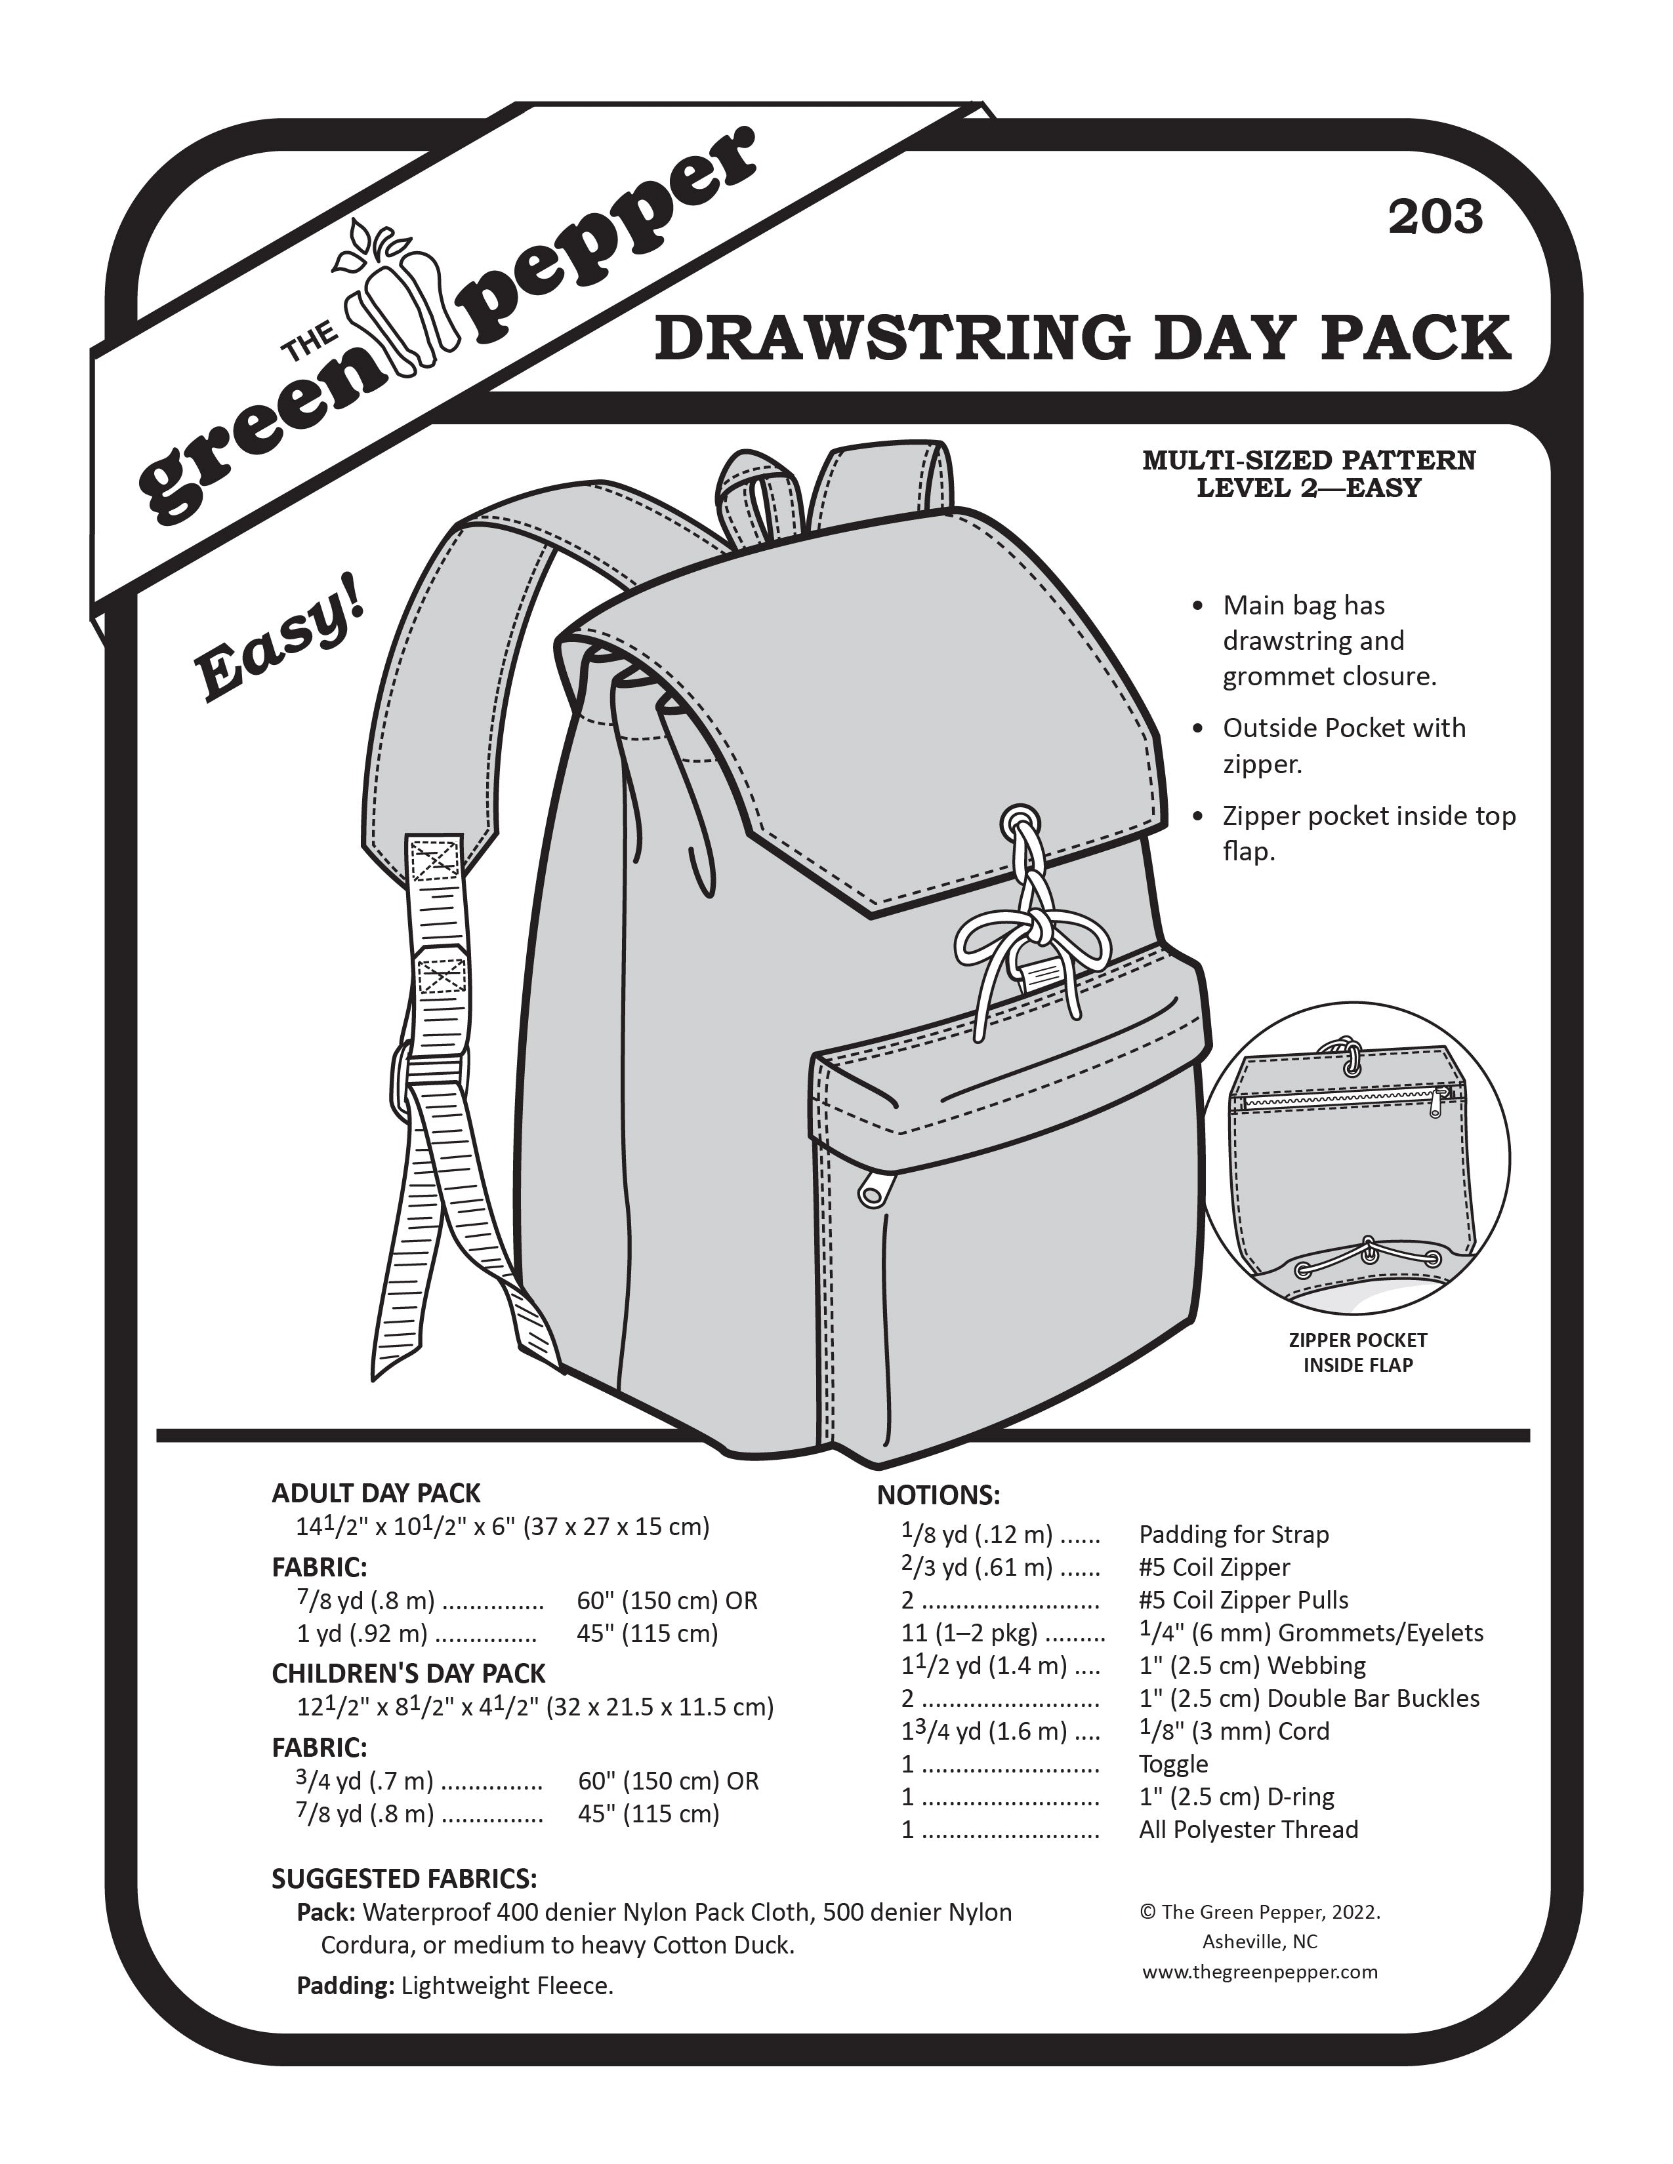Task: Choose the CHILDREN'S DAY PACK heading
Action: point(408,1673)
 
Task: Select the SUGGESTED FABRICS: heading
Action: point(404,1879)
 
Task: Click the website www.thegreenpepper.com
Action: point(1260,1972)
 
